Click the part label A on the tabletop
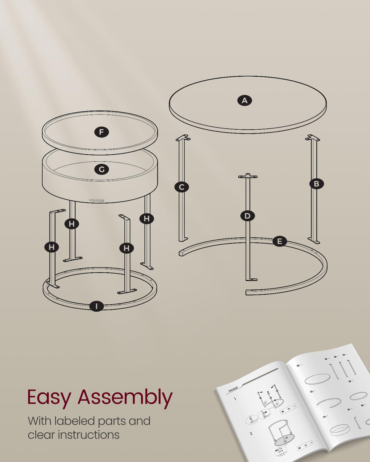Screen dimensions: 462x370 coord(244,100)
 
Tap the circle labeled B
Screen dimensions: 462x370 coord(316,184)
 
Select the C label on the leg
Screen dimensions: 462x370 coord(182,187)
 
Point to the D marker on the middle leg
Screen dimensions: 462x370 coord(247,216)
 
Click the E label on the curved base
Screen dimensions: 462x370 coord(279,242)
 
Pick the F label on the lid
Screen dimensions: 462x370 coord(101,132)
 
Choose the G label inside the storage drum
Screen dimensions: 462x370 coord(101,170)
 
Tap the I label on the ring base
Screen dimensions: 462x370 coord(97,306)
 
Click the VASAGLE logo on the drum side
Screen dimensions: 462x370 coord(97,200)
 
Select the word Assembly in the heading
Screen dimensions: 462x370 coord(125,398)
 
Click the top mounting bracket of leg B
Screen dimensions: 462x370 coord(313,138)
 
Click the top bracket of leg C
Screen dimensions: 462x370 coord(183,138)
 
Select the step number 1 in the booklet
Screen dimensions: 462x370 coord(235,399)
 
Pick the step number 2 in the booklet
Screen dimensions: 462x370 coord(251,433)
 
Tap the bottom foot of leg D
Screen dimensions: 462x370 coord(251,279)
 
